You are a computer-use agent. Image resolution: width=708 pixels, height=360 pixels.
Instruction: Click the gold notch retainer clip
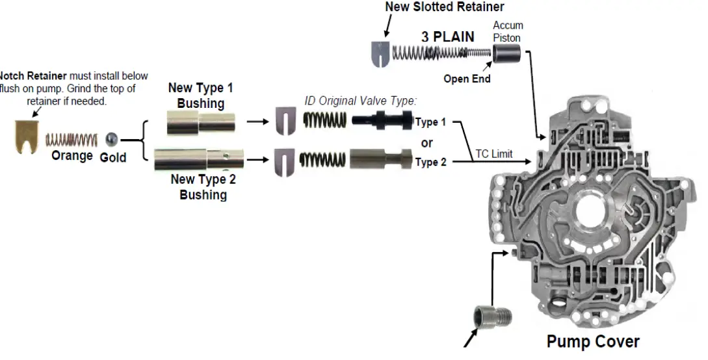tap(27, 136)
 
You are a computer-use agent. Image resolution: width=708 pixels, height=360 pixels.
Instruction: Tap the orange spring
tap(72, 139)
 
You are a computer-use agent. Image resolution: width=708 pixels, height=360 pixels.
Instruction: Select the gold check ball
tap(112, 139)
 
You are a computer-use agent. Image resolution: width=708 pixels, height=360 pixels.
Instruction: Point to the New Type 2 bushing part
tap(199, 159)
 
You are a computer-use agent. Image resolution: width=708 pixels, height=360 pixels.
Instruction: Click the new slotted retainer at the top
tap(379, 54)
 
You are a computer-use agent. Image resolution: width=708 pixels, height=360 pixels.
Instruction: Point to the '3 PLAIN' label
tap(447, 37)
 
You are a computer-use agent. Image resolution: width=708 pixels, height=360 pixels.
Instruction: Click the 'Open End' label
tap(466, 79)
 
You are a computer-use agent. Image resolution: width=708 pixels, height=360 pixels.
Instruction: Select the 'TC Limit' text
tap(493, 154)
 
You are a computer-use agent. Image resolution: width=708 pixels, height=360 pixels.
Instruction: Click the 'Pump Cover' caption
tap(592, 342)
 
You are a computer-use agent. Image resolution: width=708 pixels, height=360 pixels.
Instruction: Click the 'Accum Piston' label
tap(508, 31)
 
